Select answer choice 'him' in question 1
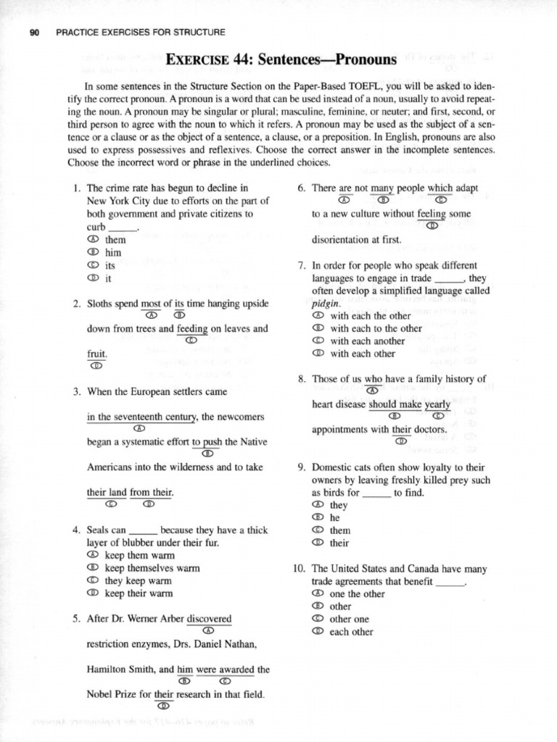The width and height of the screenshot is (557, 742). (112, 252)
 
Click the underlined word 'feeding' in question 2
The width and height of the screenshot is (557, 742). (192, 328)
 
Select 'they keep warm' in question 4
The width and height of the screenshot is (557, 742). (138, 581)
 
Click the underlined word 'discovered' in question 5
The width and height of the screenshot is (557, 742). (209, 619)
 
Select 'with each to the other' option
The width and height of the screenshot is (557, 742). (376, 328)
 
